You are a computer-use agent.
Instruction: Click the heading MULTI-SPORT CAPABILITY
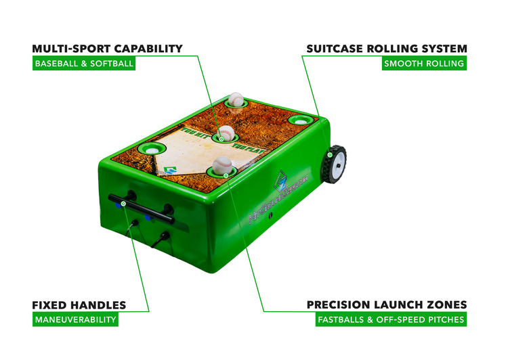click(107, 49)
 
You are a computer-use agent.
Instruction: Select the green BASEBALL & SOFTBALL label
click(83, 64)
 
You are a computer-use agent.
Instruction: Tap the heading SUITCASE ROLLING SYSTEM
click(387, 49)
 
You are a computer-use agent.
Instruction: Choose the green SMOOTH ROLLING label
click(424, 64)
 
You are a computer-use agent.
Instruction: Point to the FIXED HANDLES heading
click(79, 305)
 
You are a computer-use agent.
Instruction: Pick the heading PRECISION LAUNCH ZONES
click(387, 305)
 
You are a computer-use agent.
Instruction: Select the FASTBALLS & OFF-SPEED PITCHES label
click(391, 320)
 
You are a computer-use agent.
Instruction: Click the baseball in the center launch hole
click(226, 133)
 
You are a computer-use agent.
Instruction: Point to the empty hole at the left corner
click(150, 148)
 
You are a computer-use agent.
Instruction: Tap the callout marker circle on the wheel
click(329, 155)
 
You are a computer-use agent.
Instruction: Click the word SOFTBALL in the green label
click(111, 64)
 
